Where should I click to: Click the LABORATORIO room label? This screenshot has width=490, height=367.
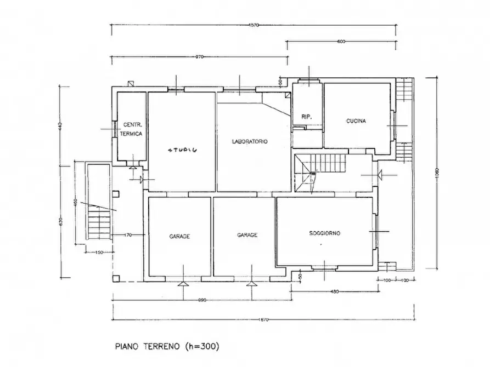pos(249,141)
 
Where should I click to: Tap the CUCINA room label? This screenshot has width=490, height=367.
pos(356,121)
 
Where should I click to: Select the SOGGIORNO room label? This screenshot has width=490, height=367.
pos(325,233)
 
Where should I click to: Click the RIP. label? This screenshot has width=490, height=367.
pos(306,117)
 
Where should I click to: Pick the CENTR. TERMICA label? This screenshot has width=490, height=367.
pos(132,129)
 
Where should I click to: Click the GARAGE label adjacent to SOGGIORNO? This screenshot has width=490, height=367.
pos(247,235)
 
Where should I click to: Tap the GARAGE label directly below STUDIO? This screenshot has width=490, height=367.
pos(179,237)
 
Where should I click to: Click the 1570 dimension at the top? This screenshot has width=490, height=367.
pos(253,25)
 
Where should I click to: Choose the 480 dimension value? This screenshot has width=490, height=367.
pos(334,291)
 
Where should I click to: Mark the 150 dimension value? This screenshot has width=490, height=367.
pos(99,252)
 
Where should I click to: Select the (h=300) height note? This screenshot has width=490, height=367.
pos(202,346)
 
